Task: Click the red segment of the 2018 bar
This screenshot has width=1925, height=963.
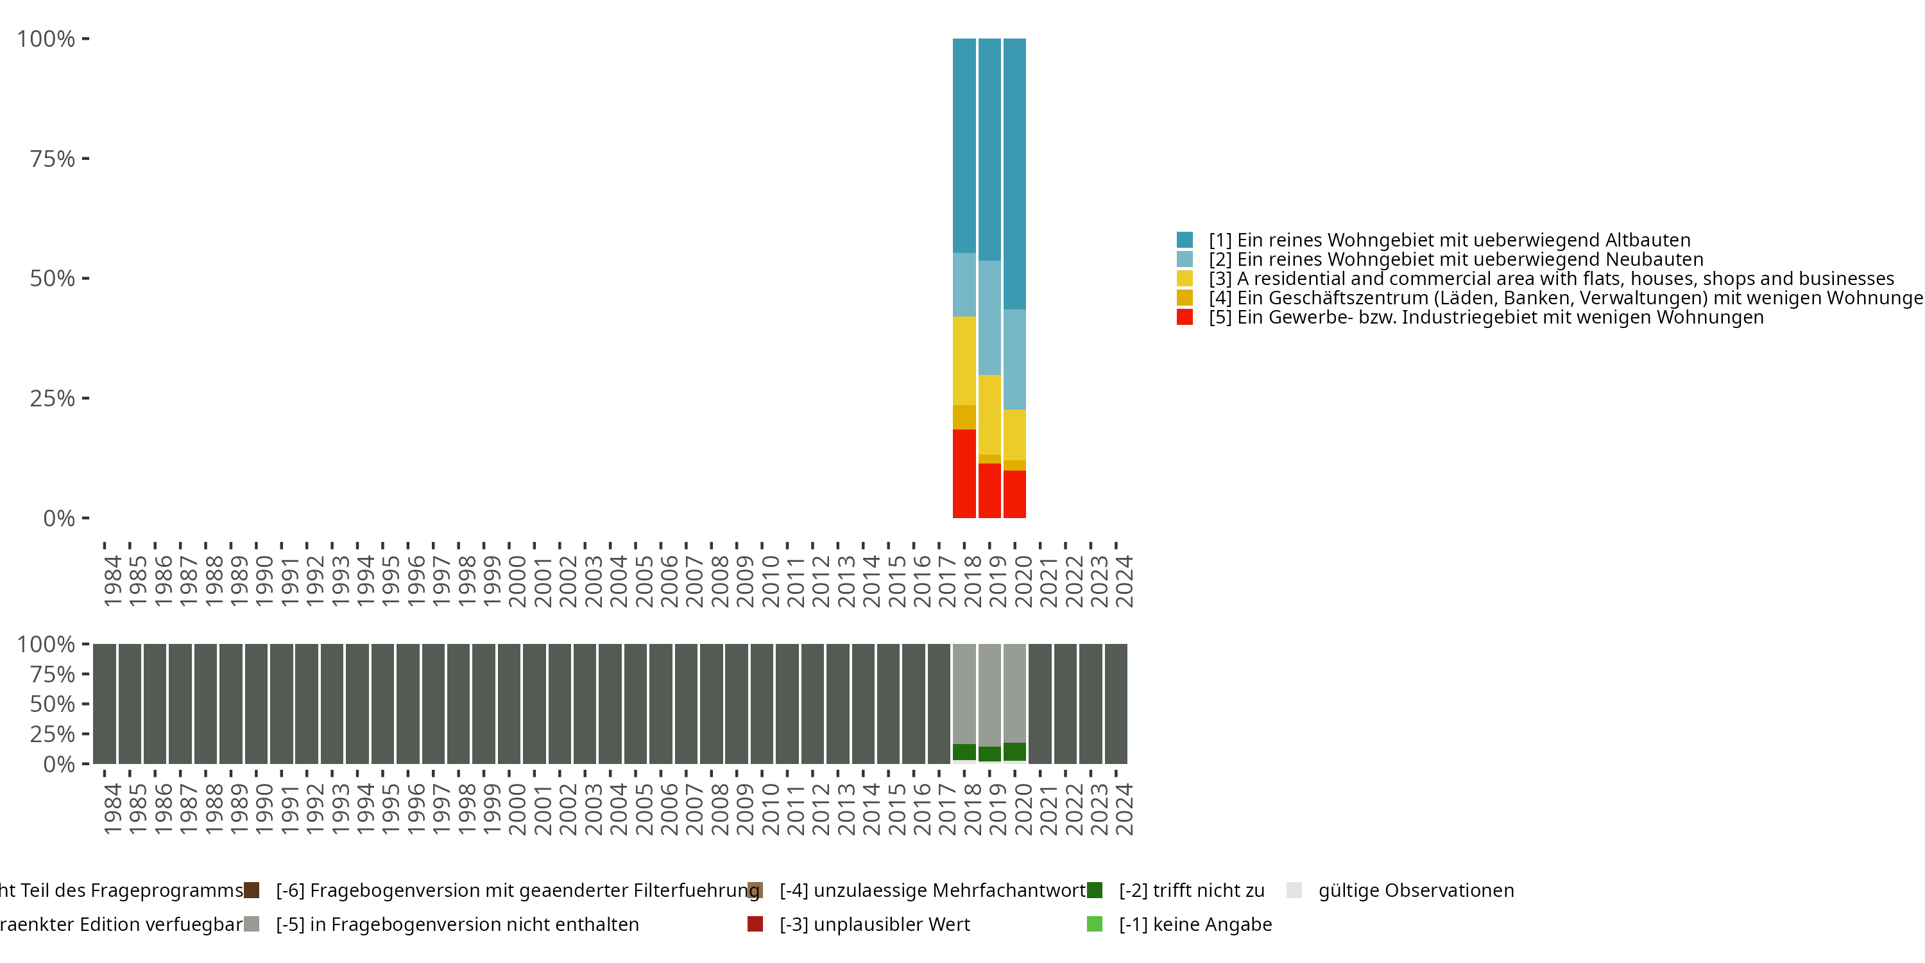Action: (x=964, y=473)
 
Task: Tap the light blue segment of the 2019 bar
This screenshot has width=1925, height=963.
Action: (x=989, y=318)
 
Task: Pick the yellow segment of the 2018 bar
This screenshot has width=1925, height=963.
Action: (x=964, y=360)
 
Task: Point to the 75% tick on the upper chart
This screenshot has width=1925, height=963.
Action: (x=85, y=159)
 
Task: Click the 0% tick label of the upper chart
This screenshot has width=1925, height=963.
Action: (x=59, y=518)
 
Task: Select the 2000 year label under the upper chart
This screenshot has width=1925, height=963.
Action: (x=517, y=581)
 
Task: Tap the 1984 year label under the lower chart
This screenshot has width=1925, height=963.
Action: (x=112, y=809)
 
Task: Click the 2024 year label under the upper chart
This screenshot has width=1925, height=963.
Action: (x=1124, y=581)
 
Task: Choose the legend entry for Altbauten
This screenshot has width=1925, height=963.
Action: (x=1449, y=240)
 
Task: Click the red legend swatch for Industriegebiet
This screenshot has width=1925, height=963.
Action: (x=1185, y=317)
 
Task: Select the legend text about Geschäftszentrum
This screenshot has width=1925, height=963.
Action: (x=1558, y=298)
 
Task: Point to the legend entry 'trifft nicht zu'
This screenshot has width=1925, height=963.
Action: (x=1191, y=890)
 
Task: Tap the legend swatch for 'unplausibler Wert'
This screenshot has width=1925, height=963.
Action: (x=755, y=924)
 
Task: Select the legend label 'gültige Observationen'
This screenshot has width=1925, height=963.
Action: (x=1416, y=890)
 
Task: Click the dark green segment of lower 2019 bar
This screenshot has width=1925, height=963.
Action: (x=989, y=754)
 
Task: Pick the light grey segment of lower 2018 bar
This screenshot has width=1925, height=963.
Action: (x=964, y=693)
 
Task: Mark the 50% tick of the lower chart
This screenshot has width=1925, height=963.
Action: (x=85, y=704)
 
